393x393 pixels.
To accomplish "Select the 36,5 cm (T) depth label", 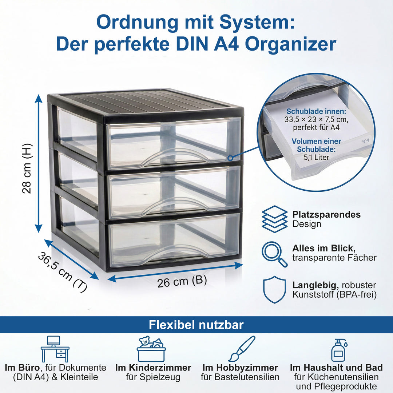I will click(62, 272).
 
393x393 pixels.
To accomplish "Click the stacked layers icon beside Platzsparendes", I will click(274, 219).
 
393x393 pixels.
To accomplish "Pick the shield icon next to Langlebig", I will click(274, 290).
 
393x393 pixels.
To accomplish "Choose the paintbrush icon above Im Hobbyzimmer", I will click(242, 349).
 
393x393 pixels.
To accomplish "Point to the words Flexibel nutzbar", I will click(196, 325).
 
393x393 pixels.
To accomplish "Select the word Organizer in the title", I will click(290, 44).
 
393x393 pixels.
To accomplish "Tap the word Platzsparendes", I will click(326, 214).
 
